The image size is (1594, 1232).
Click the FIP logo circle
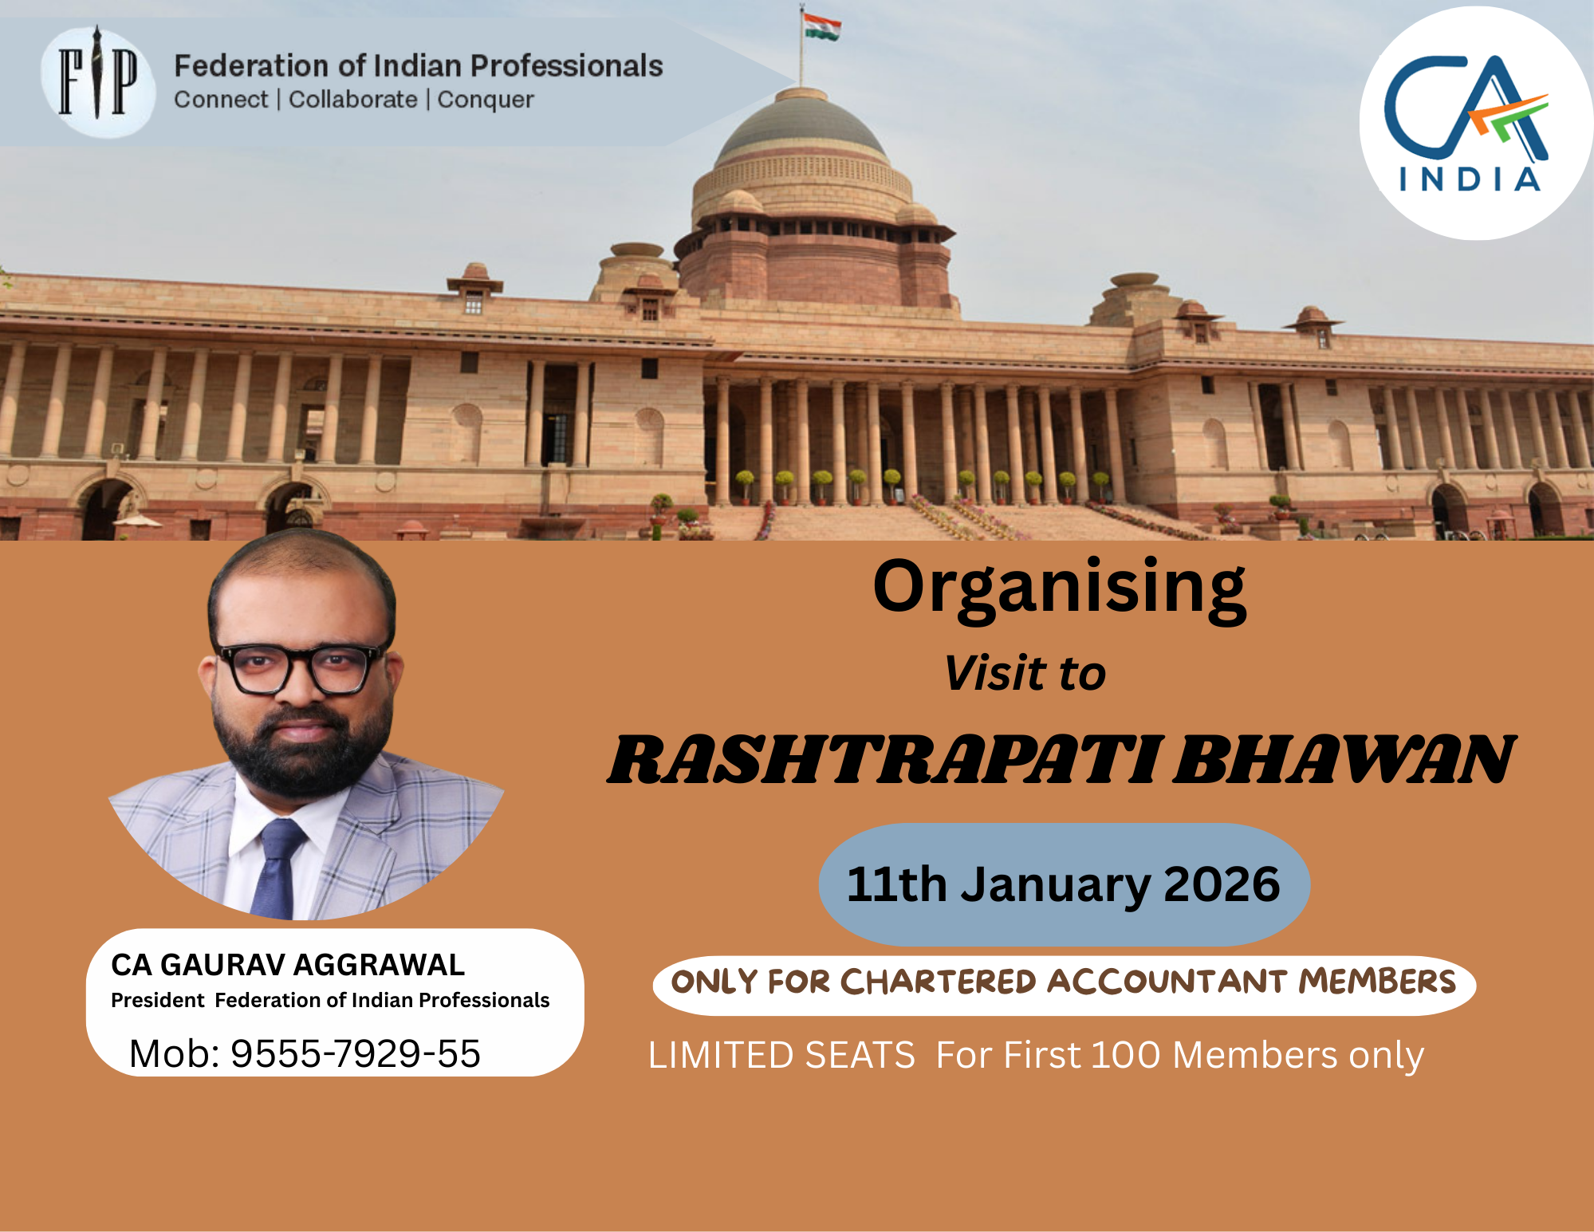tap(97, 81)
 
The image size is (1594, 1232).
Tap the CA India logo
tap(1475, 124)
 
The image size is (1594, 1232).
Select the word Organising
tap(1059, 588)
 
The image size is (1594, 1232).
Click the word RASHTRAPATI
tap(884, 760)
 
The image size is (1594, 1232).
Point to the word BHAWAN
tap(1344, 760)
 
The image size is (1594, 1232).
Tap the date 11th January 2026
tap(1063, 884)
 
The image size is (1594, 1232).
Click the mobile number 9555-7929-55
tap(356, 1053)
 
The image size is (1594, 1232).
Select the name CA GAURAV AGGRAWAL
tap(287, 965)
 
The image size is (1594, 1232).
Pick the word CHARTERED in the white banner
tap(938, 982)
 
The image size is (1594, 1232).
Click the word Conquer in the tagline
tap(486, 100)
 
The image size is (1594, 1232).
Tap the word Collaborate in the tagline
tap(352, 100)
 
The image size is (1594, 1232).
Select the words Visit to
tap(1025, 673)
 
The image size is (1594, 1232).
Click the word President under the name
tap(157, 1001)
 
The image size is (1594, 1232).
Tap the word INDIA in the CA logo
tap(1469, 179)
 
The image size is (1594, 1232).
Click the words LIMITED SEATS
tap(781, 1055)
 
